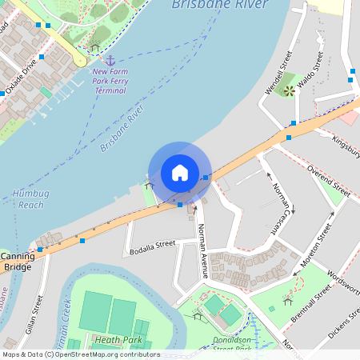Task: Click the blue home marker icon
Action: (180, 172)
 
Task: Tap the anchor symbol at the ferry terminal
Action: (110, 61)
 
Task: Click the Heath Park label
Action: (118, 340)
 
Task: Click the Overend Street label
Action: (328, 182)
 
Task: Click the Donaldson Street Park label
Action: (234, 344)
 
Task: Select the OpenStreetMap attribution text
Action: (81, 354)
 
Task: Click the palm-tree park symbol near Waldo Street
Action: (289, 90)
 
